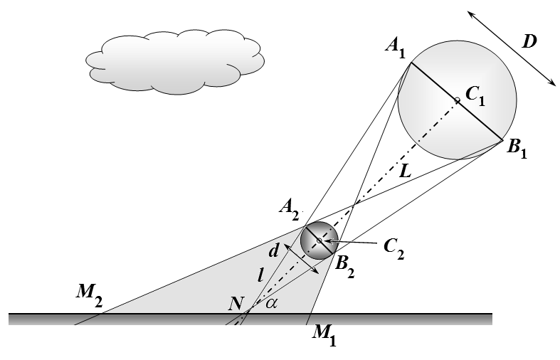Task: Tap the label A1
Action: (x=396, y=48)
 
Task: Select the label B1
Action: (x=517, y=148)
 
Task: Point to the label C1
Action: (x=476, y=97)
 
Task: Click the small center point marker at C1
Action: (x=457, y=101)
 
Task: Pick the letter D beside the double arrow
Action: (x=529, y=42)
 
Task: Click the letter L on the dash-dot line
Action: (x=405, y=171)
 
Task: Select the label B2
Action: (x=345, y=267)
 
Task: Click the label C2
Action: (x=394, y=248)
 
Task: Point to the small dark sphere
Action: (x=319, y=240)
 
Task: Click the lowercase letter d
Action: (x=273, y=251)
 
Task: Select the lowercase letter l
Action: (x=260, y=275)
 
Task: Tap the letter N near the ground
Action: (x=236, y=304)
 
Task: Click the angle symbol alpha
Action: (x=271, y=303)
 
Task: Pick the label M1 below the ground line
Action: (x=324, y=336)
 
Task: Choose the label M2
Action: (x=89, y=295)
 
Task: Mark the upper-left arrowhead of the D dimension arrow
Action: (x=472, y=15)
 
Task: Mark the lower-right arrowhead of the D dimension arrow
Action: (x=551, y=83)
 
